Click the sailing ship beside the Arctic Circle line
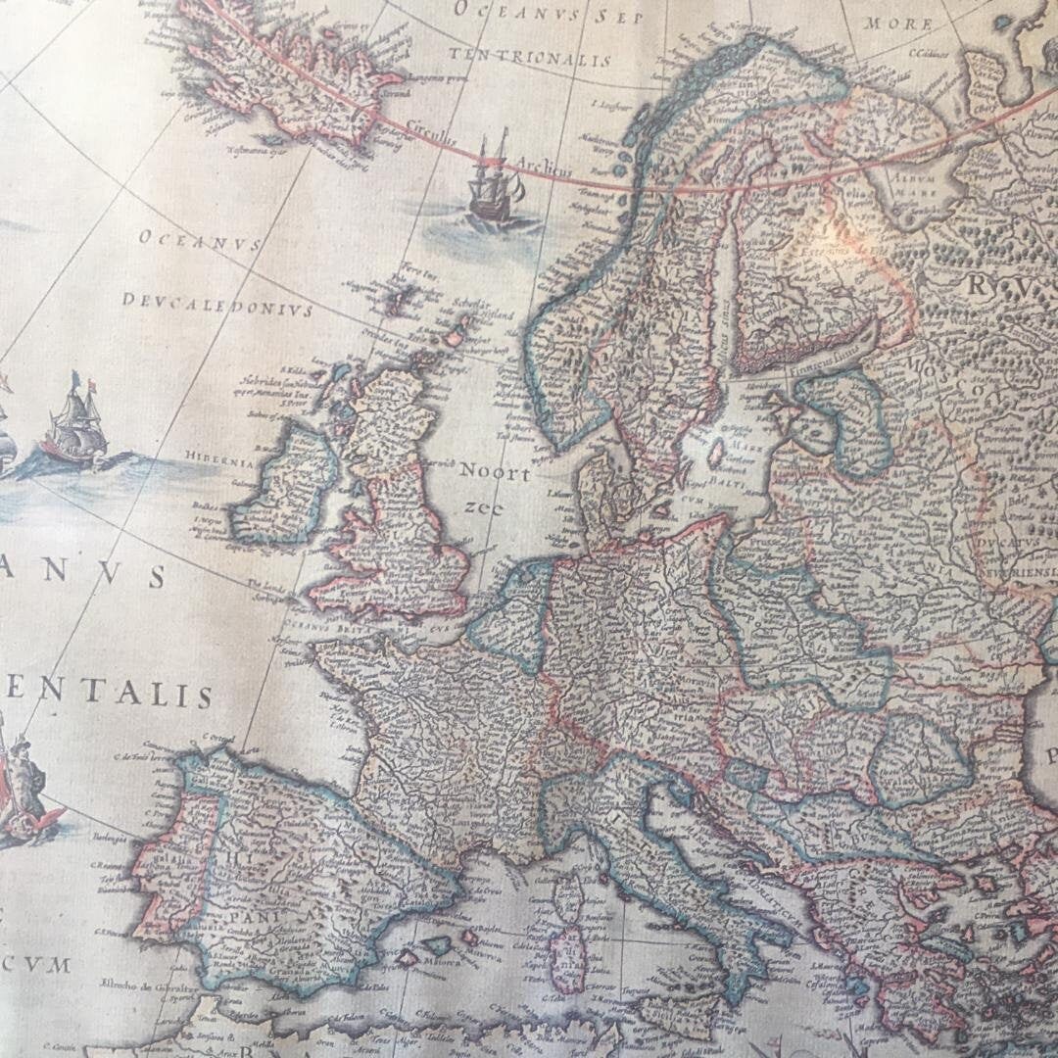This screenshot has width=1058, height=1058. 494,186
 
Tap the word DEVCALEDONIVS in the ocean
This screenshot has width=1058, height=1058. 216,304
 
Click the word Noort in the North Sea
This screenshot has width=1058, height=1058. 494,474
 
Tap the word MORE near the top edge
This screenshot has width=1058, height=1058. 897,24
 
